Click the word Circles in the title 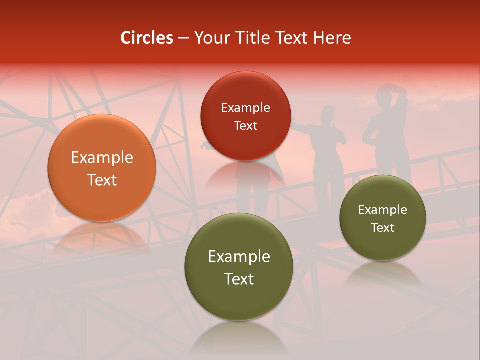(147, 38)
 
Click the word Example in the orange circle (102, 158)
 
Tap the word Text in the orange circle (102, 180)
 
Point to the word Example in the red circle (245, 108)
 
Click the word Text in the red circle (245, 126)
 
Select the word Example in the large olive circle (239, 257)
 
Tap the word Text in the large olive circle (239, 279)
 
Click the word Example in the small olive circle (383, 210)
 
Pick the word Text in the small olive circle (383, 228)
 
